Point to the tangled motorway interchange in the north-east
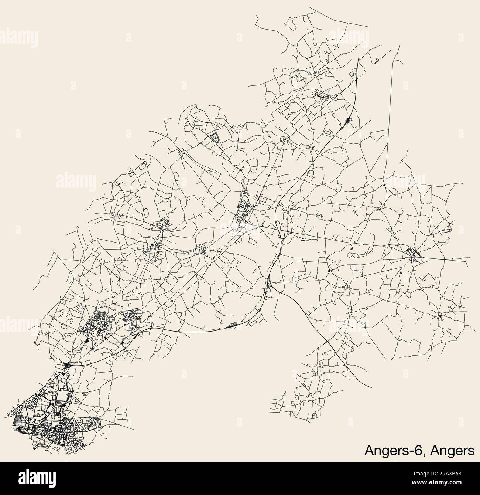pyautogui.click(x=348, y=120)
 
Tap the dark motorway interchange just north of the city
pyautogui.click(x=68, y=366)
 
